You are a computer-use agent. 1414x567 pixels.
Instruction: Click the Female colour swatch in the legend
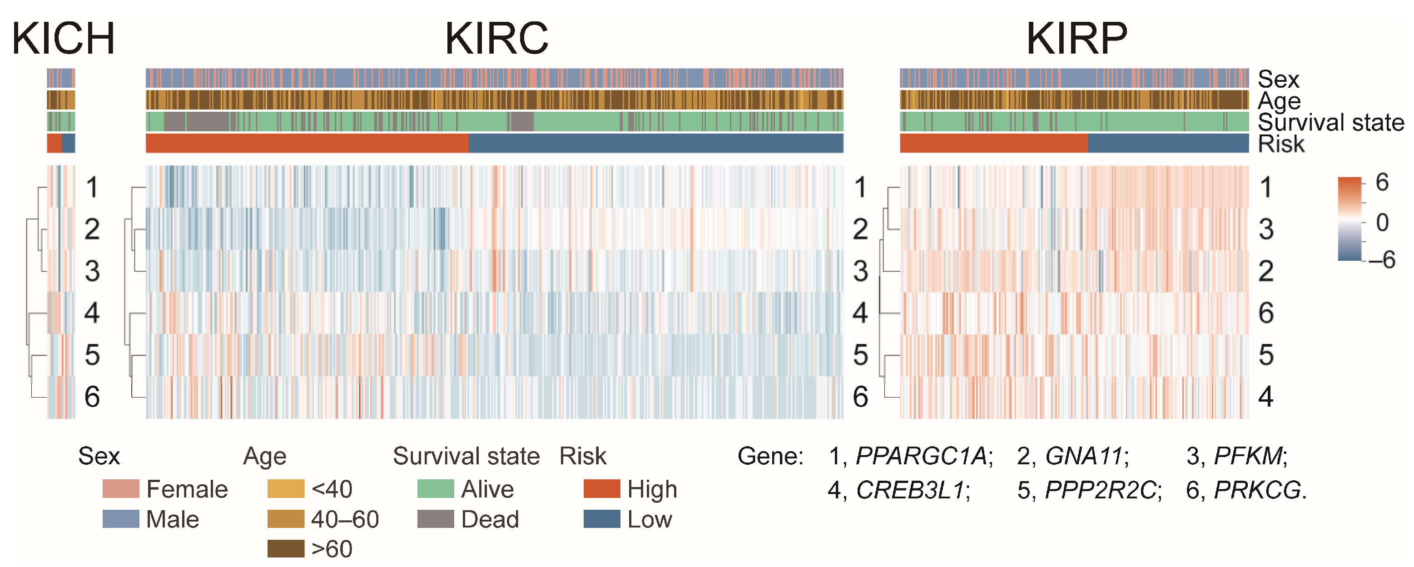point(121,488)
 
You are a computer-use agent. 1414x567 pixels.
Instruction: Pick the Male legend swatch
point(121,519)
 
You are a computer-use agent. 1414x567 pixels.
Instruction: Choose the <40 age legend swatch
point(285,488)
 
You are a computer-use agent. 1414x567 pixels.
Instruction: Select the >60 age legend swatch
point(285,548)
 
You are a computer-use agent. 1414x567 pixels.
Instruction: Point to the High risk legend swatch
point(601,488)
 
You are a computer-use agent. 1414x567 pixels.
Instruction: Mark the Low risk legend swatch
point(601,519)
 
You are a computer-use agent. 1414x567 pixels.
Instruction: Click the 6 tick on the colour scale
point(1382,182)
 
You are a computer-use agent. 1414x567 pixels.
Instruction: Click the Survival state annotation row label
point(1330,122)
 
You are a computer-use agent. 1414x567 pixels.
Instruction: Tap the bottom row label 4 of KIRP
point(1265,396)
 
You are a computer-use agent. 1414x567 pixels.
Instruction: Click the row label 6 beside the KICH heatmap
point(92,396)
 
